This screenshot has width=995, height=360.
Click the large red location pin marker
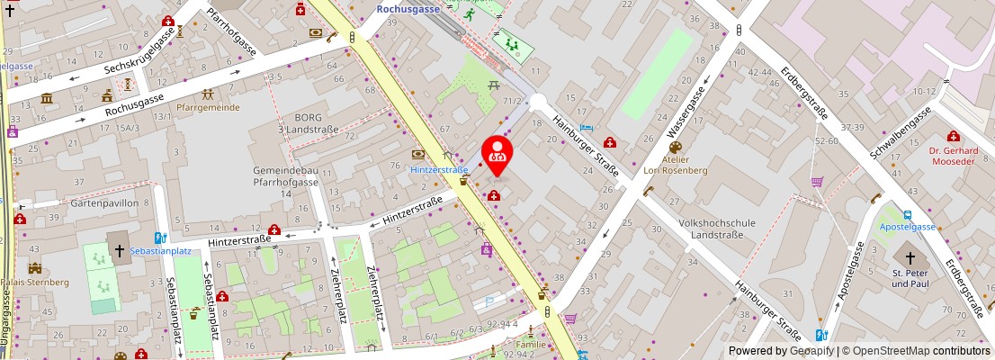(497, 153)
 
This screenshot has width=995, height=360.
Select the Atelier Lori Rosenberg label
(675, 164)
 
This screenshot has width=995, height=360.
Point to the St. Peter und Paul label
(910, 278)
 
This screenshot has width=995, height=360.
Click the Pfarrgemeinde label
(208, 107)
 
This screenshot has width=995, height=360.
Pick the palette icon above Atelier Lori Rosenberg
(675, 147)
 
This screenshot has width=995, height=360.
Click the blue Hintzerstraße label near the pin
(439, 169)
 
